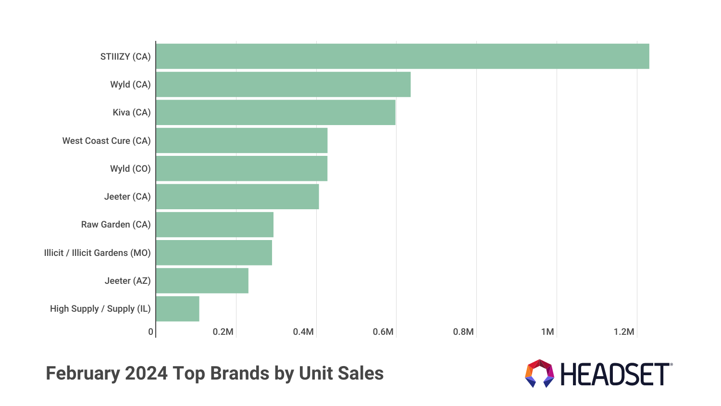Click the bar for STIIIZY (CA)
(402, 56)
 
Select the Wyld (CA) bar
(283, 84)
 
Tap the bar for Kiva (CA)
(275, 112)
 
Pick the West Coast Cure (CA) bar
(241, 140)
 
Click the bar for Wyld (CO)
(241, 168)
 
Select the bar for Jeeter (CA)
(237, 196)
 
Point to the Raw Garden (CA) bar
(214, 225)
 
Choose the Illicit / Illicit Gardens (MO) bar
(214, 253)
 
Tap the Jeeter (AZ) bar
(202, 280)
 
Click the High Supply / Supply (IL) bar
(177, 309)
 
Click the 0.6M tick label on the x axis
(383, 332)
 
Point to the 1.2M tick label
(624, 332)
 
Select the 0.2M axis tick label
(223, 332)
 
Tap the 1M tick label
(547, 332)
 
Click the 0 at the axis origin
(150, 332)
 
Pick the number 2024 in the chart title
(146, 373)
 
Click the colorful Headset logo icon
(539, 373)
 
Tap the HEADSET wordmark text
(615, 374)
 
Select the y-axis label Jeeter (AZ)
(127, 280)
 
